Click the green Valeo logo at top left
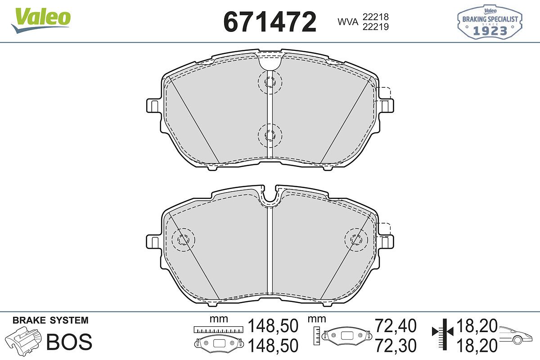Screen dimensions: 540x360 pos(41,20)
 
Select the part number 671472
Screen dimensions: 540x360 pos(270,22)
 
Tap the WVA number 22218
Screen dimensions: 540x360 pos(376,17)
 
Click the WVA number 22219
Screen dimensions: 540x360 pos(376,27)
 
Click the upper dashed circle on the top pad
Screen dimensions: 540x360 pos(270,82)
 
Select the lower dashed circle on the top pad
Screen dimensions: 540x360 pos(270,135)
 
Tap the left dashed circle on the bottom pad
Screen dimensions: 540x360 pos(183,240)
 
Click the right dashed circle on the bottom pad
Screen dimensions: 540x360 pos(356,240)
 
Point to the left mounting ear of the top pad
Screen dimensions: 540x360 pos(154,106)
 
